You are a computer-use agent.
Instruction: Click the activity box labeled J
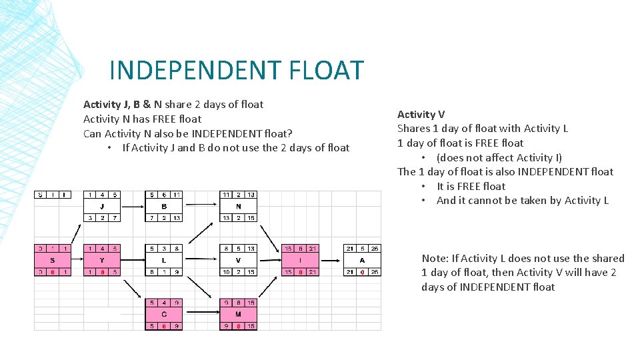tap(102, 206)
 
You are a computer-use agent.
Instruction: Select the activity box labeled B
tap(164, 206)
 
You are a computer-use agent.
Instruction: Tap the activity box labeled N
tap(238, 206)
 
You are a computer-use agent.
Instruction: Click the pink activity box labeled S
tap(53, 259)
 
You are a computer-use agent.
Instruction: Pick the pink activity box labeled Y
tap(102, 259)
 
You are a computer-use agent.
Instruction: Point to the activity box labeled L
tap(164, 259)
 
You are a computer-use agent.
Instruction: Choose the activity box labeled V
tap(238, 259)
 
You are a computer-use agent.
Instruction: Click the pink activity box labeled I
tap(299, 259)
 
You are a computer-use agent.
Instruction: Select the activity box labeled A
tap(362, 259)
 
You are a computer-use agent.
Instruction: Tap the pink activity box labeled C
tap(164, 314)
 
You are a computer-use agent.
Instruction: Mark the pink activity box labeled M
tap(238, 314)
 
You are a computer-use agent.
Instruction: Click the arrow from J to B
tap(133, 206)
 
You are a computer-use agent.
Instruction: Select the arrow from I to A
tap(331, 259)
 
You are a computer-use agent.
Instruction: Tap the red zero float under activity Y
tap(102, 272)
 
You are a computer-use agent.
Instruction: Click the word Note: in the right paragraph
tap(435, 258)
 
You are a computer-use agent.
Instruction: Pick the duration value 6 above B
tap(164, 195)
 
